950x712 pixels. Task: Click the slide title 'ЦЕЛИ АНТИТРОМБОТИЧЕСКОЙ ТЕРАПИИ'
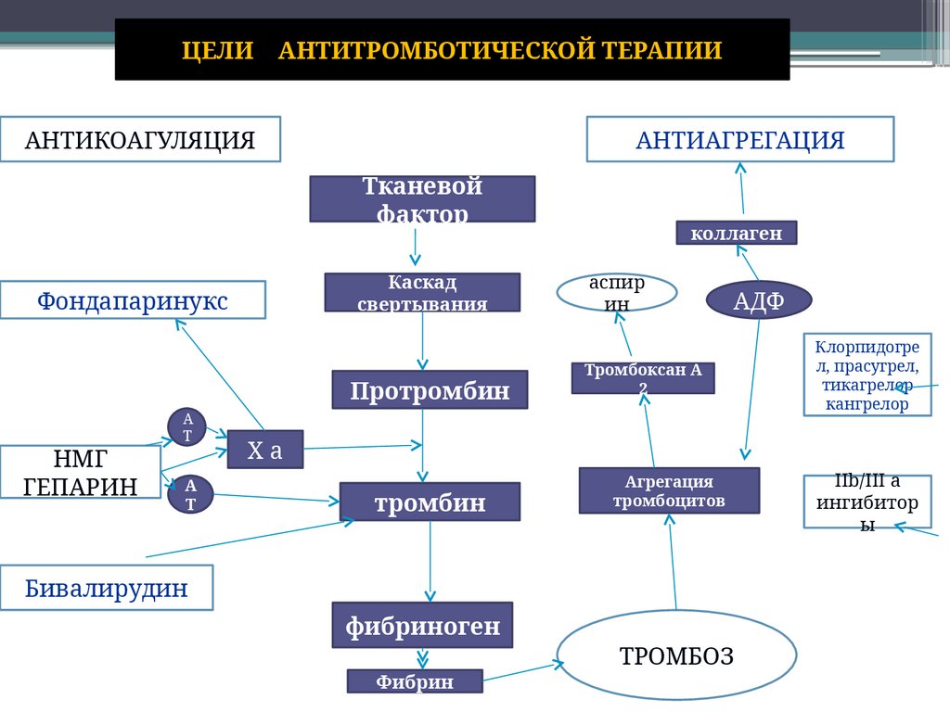[x=452, y=50]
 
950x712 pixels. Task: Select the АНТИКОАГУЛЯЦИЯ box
[x=140, y=140]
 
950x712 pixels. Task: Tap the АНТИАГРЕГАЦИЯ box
[x=739, y=140]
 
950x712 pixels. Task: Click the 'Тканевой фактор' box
[x=422, y=199]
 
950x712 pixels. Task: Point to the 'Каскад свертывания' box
[x=422, y=292]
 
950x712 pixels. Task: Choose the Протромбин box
[x=430, y=390]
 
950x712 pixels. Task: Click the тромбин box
[x=430, y=502]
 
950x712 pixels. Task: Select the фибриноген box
[x=422, y=626]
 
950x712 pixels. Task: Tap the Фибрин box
[x=415, y=681]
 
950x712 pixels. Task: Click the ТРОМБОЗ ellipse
[x=676, y=655]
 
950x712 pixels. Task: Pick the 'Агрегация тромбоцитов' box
[x=669, y=490]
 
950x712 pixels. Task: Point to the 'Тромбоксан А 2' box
[x=643, y=377]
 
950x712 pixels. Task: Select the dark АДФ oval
[x=759, y=299]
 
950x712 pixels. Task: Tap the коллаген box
[x=736, y=233]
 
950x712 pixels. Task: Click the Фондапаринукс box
[x=133, y=300]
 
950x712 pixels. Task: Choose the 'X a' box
[x=265, y=451]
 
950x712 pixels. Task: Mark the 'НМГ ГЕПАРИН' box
[x=81, y=472]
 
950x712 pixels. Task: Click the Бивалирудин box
[x=107, y=588]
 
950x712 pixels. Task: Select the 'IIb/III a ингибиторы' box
[x=854, y=502]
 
